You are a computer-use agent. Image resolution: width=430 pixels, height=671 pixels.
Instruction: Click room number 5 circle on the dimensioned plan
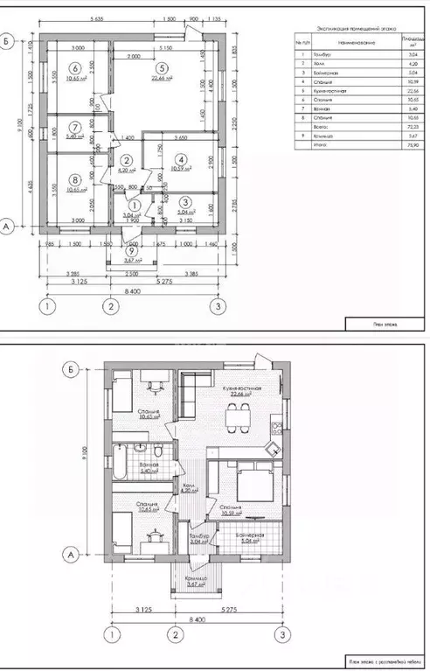162,67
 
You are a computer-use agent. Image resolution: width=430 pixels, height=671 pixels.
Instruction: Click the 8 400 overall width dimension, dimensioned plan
133,290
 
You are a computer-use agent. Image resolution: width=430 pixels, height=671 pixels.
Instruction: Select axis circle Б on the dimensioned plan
7,39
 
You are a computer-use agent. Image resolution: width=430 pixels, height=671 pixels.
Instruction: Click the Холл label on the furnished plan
186,486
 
